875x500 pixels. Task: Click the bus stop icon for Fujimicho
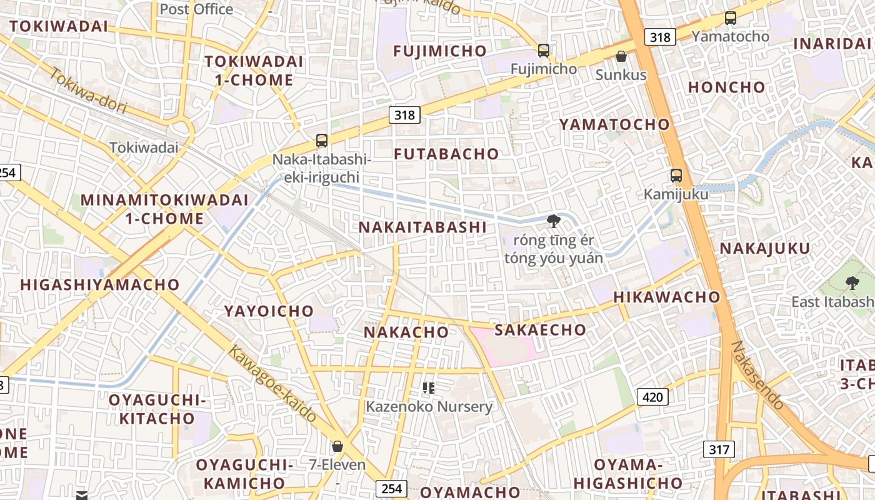(544, 51)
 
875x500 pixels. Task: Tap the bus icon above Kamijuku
(676, 176)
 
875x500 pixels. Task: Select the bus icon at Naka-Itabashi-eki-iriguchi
(322, 141)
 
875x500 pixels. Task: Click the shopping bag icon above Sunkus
(621, 57)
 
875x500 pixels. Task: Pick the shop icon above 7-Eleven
(337, 446)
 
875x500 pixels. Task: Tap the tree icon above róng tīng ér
(553, 221)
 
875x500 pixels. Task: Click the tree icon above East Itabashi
(851, 283)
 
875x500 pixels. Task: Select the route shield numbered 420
(651, 396)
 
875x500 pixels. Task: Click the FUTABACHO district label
(447, 154)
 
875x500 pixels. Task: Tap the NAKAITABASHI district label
(422, 227)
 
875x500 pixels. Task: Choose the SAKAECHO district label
(541, 330)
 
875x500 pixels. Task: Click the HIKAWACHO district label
(667, 297)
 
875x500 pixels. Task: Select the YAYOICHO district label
(269, 311)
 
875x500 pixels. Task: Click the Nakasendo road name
(757, 375)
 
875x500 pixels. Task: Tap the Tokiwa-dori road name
(87, 91)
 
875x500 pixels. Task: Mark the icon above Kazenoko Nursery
(428, 389)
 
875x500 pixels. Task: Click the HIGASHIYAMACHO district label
(100, 285)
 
